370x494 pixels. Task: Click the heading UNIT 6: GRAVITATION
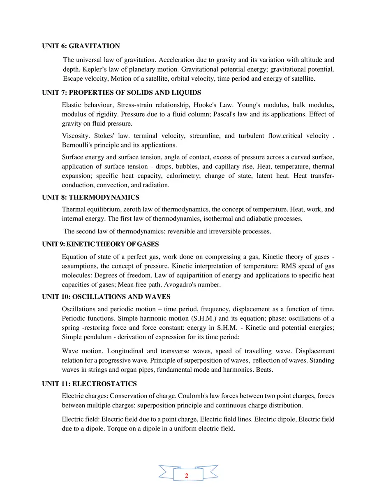coord(81,46)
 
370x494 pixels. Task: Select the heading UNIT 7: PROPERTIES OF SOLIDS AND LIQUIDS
coord(121,93)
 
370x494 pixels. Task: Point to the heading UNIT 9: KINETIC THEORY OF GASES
coord(100,245)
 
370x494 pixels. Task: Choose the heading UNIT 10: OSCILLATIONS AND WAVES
coord(106,297)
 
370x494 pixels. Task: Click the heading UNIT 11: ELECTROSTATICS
coord(89,384)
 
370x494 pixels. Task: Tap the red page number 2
coord(187,476)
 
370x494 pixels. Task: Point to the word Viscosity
coord(76,136)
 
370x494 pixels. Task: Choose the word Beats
coord(264,369)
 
